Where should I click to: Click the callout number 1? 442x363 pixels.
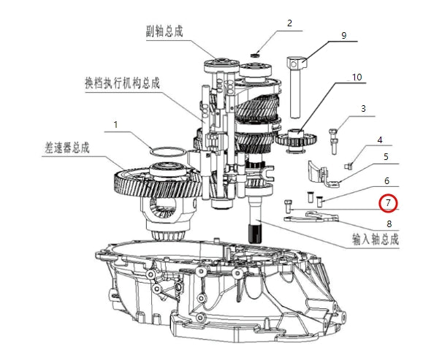click(x=115, y=125)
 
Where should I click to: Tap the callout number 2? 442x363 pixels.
click(x=290, y=23)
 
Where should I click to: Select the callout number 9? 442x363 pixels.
click(x=343, y=36)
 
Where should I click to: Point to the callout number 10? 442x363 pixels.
click(x=357, y=77)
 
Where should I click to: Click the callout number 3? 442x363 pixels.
click(x=363, y=109)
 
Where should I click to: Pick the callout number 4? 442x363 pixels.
click(x=380, y=140)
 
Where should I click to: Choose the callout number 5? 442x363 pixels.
click(x=386, y=157)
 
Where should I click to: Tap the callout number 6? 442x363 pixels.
click(x=386, y=181)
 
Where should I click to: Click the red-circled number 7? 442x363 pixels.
click(x=388, y=202)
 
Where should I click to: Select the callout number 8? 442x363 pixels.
click(x=389, y=224)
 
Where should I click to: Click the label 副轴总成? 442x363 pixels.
click(x=164, y=31)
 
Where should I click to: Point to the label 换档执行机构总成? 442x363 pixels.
click(x=122, y=83)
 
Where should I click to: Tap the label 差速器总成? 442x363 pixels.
click(x=66, y=148)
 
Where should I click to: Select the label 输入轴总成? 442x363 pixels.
click(x=376, y=240)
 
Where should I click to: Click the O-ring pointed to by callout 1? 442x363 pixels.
click(x=168, y=152)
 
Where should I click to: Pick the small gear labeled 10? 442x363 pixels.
click(x=296, y=140)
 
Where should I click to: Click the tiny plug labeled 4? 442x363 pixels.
click(x=348, y=166)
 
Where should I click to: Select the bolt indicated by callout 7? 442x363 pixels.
click(x=288, y=206)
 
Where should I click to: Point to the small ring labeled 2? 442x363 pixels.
click(x=254, y=54)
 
